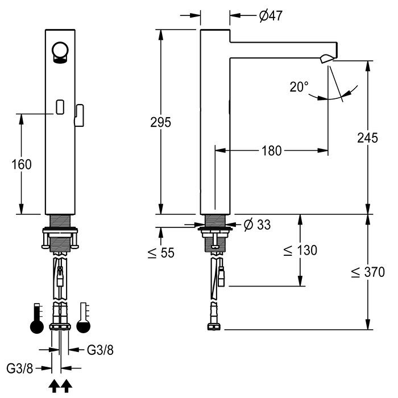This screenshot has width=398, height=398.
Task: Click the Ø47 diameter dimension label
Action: tap(271, 16)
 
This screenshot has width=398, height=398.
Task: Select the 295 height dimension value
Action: tap(161, 122)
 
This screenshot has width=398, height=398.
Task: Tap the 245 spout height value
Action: tap(367, 138)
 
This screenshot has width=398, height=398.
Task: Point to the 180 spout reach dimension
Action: tap(271, 151)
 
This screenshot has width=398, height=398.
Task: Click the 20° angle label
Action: tap(299, 87)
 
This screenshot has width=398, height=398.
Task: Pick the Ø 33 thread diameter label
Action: tap(257, 225)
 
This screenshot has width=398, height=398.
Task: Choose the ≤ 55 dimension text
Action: tap(161, 252)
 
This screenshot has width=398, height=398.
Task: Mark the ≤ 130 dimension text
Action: tap(300, 250)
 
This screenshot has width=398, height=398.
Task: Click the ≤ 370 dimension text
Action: tap(368, 272)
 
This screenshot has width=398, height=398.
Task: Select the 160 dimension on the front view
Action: tap(22, 164)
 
